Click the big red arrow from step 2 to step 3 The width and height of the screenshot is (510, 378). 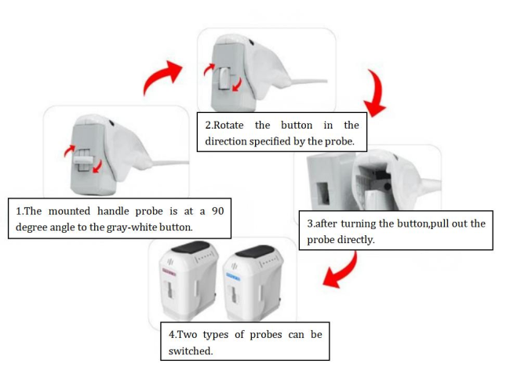tap(377, 93)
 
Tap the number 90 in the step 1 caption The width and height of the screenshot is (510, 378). tap(217, 211)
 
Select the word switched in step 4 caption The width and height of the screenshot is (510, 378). tap(191, 351)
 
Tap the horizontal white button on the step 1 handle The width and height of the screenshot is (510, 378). tap(84, 161)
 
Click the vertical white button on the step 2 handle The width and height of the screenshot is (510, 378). tap(224, 78)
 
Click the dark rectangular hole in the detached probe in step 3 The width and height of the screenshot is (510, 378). tap(323, 194)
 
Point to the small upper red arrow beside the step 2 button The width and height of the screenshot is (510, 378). tap(209, 69)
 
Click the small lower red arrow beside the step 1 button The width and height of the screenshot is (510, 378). tap(97, 166)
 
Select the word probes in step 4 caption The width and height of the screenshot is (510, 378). tap(266, 335)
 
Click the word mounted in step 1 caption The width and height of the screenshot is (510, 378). tap(69, 211)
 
